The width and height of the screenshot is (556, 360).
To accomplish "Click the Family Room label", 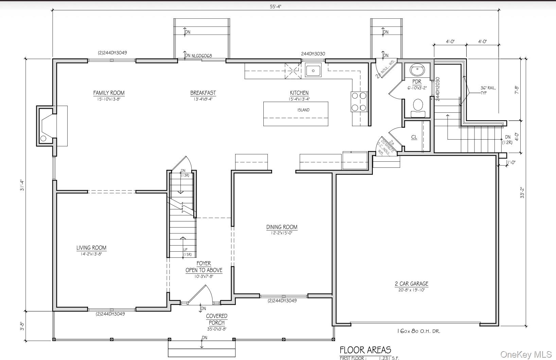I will click(x=109, y=93).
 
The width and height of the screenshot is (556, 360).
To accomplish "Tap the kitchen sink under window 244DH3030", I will click(x=313, y=71).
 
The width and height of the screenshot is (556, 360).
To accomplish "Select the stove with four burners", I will click(x=359, y=102).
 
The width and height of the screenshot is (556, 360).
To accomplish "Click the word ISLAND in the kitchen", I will click(x=303, y=110).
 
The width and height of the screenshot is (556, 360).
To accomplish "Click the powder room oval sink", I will click(x=417, y=70).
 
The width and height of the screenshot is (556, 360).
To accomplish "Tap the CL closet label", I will click(x=414, y=137).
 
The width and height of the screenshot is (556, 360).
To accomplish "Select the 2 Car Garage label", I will click(x=411, y=284).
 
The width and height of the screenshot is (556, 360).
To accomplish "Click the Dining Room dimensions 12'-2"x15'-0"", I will click(x=282, y=233).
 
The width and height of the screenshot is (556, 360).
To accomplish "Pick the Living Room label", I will click(x=91, y=248).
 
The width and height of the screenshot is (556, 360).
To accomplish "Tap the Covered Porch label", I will click(x=216, y=319).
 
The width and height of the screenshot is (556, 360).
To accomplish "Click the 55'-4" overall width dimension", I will click(x=276, y=7).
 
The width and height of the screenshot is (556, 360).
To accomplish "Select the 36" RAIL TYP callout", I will click(x=488, y=90).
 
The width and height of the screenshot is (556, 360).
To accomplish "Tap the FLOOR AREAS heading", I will click(x=365, y=350).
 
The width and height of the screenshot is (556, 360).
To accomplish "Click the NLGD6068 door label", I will click(x=202, y=56).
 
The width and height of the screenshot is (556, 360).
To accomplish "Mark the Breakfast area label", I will click(x=203, y=93).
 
